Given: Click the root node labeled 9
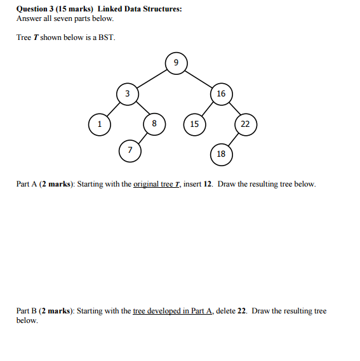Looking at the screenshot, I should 177,62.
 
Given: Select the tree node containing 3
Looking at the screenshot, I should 127,94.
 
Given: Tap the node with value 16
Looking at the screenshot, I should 220,94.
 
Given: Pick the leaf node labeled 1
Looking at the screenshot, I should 99,124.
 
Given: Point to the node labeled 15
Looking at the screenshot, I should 194,124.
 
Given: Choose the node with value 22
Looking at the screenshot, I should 246,124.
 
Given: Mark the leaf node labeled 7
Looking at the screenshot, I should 130,150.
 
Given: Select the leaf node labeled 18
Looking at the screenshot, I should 221,154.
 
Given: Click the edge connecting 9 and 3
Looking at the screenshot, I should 152,78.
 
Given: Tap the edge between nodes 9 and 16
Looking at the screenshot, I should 199,78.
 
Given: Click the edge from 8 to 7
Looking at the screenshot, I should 143,136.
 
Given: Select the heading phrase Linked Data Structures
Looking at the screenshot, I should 139,9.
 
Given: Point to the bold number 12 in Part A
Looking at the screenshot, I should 208,184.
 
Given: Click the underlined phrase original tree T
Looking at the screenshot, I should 157,184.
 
